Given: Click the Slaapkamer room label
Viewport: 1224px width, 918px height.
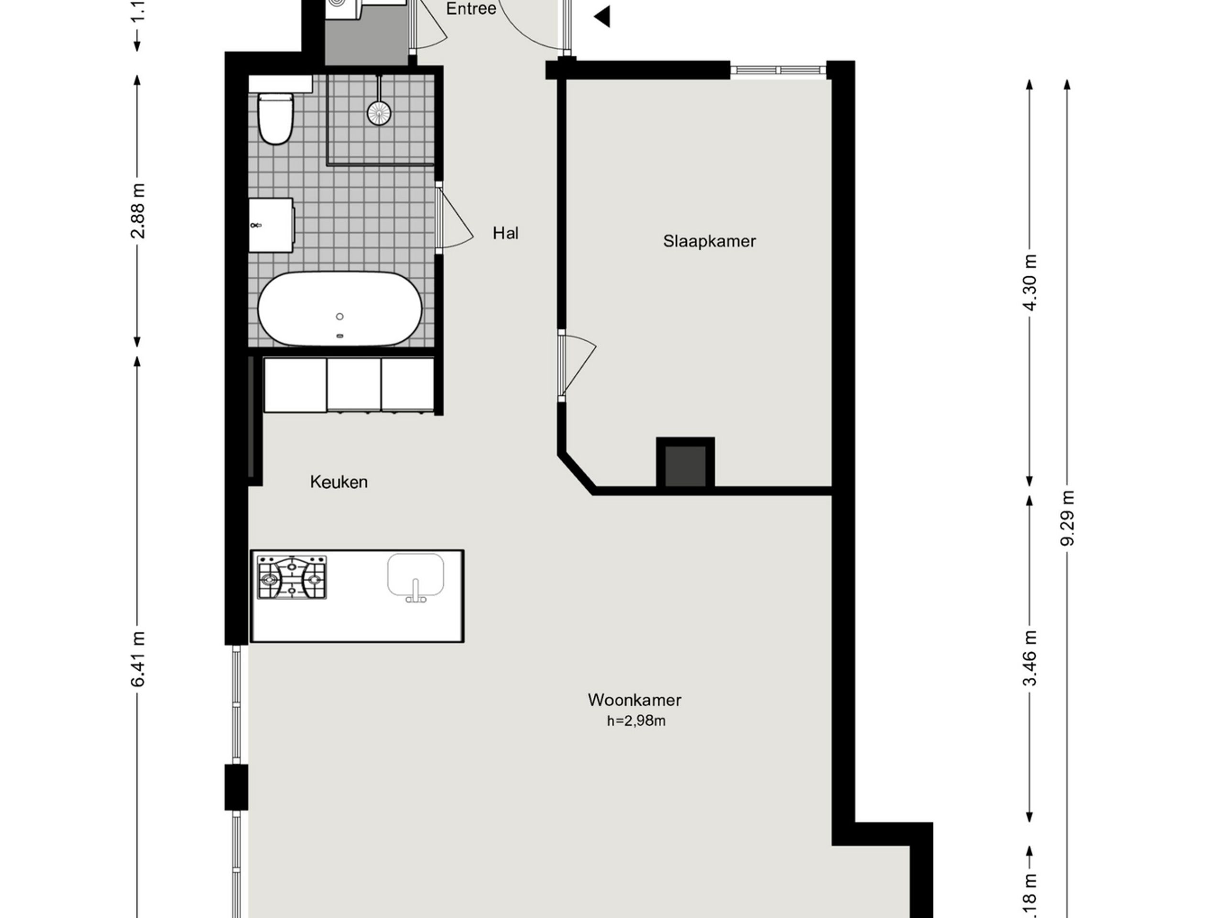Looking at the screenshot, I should click(709, 241).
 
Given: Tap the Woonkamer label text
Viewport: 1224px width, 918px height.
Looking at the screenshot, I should click(634, 700).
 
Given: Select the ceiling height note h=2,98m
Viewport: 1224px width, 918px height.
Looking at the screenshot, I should click(636, 721).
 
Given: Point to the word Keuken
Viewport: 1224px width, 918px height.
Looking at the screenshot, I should click(339, 482).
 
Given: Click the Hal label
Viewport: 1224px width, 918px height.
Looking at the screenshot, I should click(505, 233).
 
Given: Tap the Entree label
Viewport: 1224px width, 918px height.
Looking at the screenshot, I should click(471, 9).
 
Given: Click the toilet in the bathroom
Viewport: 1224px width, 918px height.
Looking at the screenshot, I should click(275, 118).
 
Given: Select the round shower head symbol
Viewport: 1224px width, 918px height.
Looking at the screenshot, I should click(379, 112).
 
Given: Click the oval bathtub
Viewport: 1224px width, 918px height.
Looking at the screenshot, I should click(340, 309).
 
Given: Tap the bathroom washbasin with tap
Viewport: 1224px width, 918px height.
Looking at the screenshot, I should click(271, 225).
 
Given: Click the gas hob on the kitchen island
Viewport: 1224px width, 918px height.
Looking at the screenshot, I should click(292, 578).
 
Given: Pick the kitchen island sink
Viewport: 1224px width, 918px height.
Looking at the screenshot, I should click(415, 576).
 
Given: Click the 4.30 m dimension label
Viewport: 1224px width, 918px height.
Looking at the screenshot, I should click(1029, 282).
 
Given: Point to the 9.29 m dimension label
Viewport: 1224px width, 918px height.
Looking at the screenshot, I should click(1067, 518).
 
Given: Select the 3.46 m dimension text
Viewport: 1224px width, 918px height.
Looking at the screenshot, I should click(1029, 658).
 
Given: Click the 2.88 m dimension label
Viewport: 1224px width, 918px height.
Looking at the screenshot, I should click(138, 211).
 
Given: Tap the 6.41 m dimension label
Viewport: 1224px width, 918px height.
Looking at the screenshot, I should click(138, 658).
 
